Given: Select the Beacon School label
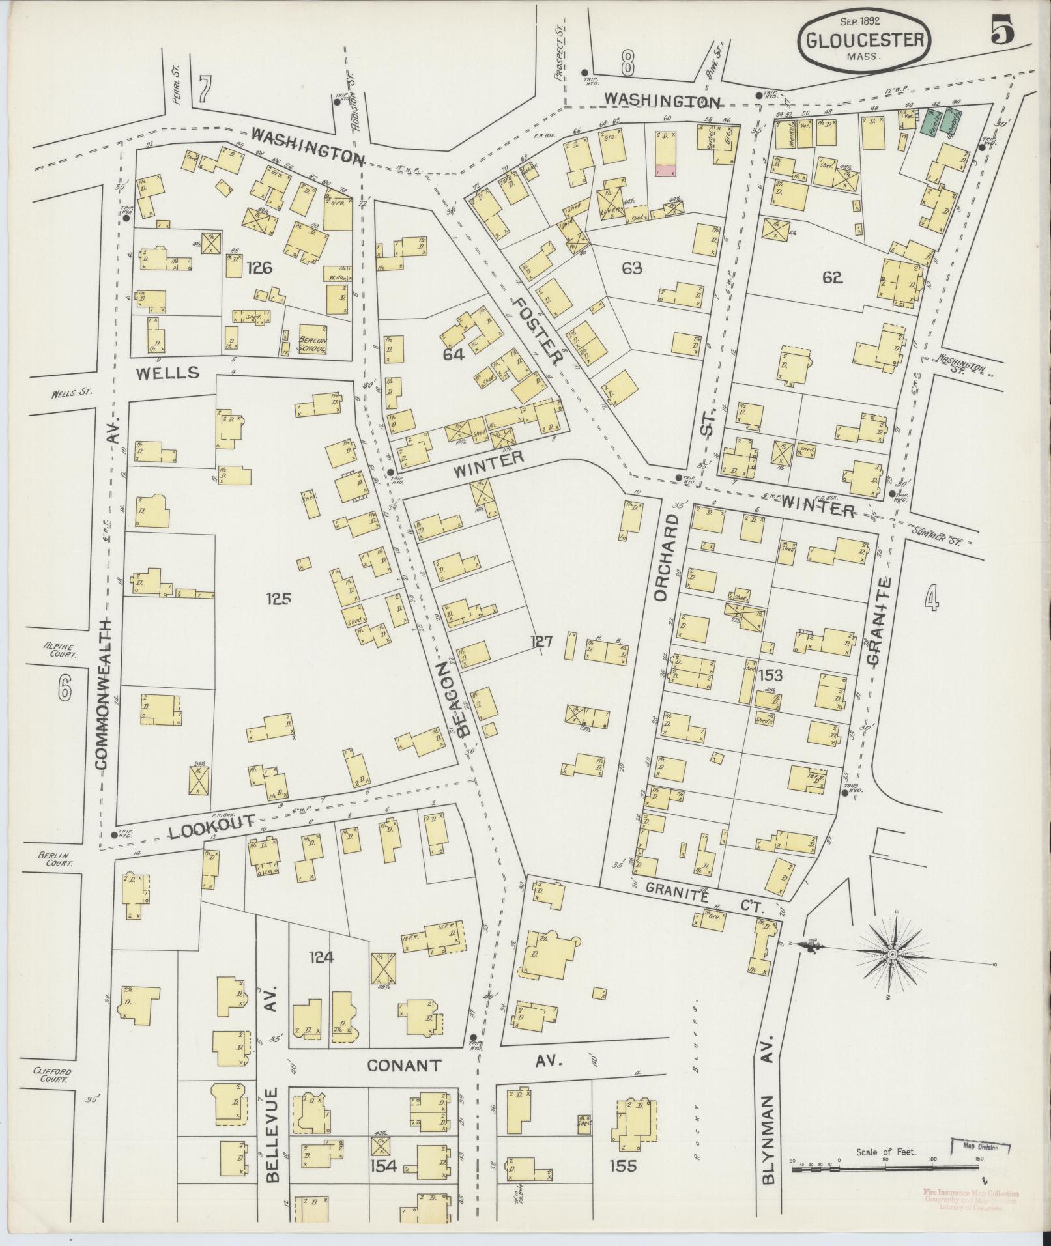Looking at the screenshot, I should pos(311,344).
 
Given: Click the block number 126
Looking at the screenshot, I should pos(259,268).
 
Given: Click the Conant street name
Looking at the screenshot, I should pos(404,1066).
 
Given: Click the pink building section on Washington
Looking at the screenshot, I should pos(665,170).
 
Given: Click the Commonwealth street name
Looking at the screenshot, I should pos(106,694).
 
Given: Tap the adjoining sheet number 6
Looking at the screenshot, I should pos(64,688).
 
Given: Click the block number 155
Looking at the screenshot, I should pos(623,1166).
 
